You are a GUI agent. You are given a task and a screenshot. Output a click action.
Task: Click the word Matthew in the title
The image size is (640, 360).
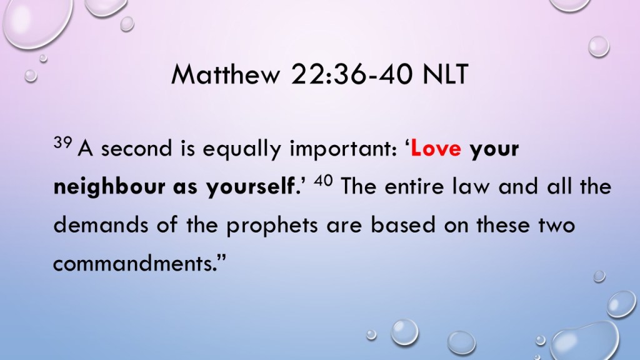point(226,74)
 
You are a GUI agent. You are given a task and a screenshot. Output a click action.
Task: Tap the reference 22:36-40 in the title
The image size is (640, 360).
point(352,74)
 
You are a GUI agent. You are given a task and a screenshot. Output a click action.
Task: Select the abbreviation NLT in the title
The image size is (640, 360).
point(445,74)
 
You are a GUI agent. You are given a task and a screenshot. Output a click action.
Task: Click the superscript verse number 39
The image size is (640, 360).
point(63,142)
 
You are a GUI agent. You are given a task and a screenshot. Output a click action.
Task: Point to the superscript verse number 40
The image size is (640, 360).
point(323,180)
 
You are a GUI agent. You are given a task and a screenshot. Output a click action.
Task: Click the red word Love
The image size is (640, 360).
point(436,149)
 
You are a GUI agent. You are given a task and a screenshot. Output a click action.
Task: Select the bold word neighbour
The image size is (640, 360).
point(109,187)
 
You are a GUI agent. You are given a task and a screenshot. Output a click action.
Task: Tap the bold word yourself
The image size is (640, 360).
point(251,187)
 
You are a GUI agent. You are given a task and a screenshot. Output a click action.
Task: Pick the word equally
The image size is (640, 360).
point(242,149)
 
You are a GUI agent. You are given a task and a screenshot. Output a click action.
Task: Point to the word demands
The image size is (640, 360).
point(101,224)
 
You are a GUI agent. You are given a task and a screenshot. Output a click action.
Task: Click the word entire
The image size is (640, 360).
point(414,187)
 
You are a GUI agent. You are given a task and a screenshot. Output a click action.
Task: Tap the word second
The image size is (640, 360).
point(137,149)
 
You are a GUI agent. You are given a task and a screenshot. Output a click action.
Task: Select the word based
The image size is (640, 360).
point(403,224)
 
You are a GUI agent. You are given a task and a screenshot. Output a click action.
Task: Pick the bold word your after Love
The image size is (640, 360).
point(494,150)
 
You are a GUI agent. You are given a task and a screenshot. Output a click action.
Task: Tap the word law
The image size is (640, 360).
point(471,186)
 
